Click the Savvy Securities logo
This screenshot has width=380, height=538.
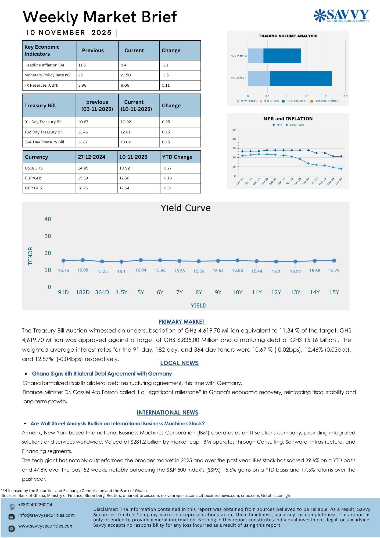[x=341, y=16]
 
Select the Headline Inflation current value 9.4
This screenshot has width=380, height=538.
[x=124, y=65]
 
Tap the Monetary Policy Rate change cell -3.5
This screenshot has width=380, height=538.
[x=165, y=75]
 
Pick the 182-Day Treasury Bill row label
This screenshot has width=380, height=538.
[x=44, y=132]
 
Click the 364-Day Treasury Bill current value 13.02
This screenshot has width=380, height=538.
[x=126, y=142]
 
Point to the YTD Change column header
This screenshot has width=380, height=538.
[x=177, y=157]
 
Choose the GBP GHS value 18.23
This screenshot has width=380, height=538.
[x=83, y=188]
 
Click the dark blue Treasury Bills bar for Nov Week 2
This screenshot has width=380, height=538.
[x=282, y=56]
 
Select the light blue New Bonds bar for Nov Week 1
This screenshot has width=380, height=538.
[x=259, y=79]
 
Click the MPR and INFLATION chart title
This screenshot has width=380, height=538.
[x=288, y=119]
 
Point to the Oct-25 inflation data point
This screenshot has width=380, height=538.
[x=341, y=169]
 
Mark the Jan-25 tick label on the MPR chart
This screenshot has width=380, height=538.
[x=265, y=181]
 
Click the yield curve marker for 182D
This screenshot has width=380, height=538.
[x=83, y=260]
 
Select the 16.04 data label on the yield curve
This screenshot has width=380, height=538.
[x=141, y=270]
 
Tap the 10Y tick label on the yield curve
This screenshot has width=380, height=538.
[x=237, y=292]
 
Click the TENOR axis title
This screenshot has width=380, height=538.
[x=30, y=256]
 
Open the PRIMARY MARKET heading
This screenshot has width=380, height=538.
[x=182, y=322]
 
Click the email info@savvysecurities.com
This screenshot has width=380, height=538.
[x=46, y=515]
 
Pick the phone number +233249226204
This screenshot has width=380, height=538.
[x=35, y=505]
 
